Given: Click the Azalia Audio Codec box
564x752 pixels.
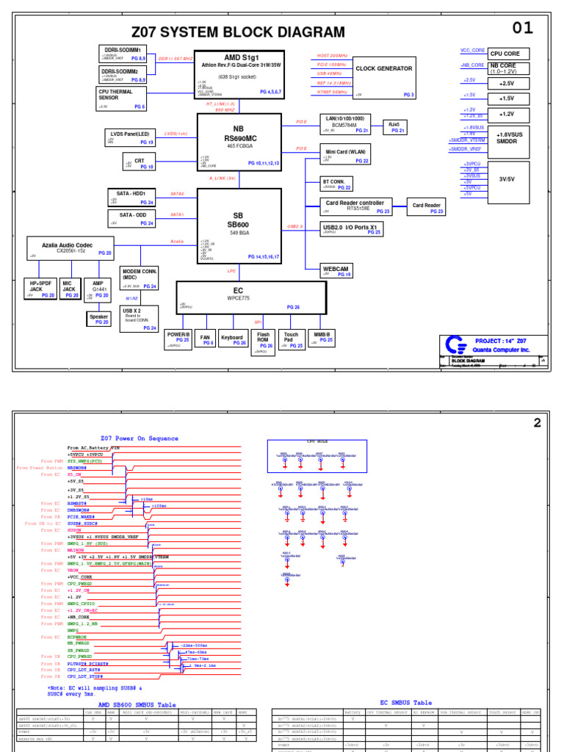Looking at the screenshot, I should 70,246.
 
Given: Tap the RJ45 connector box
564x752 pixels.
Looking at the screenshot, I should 397,126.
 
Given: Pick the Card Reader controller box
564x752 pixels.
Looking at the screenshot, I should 356,206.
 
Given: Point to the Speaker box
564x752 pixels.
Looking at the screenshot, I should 98,318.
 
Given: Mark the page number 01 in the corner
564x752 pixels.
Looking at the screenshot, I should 522,28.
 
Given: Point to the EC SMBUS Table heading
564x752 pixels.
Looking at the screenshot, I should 406,703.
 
